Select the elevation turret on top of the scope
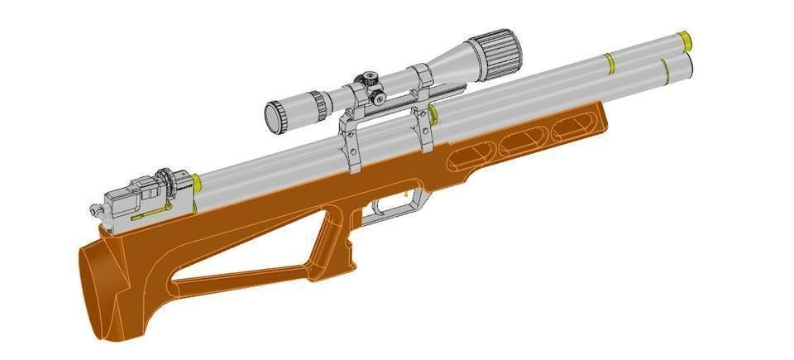(x=367, y=81)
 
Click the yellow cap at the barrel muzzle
(x=686, y=38)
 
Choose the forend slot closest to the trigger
(x=468, y=158)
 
